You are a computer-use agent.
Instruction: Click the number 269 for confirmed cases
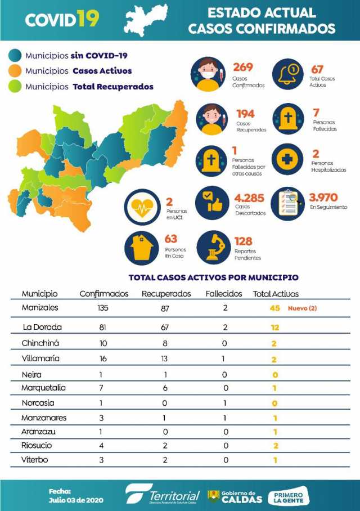tap(243, 67)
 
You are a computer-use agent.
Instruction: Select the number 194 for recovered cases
tap(245, 114)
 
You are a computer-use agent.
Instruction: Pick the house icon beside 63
tap(142, 246)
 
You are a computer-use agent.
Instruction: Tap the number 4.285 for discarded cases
tap(250, 198)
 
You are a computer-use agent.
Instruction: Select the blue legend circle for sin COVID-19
tap(15, 55)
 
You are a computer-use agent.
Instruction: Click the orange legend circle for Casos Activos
tap(15, 71)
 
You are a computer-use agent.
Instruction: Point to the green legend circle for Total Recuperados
tap(15, 87)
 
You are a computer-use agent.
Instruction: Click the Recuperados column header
tap(166, 294)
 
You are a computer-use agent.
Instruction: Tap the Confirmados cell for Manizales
tap(102, 308)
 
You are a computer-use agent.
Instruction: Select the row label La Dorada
tap(42, 327)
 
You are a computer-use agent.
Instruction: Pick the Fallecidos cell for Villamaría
tap(224, 358)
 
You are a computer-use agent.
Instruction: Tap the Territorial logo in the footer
tap(163, 495)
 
